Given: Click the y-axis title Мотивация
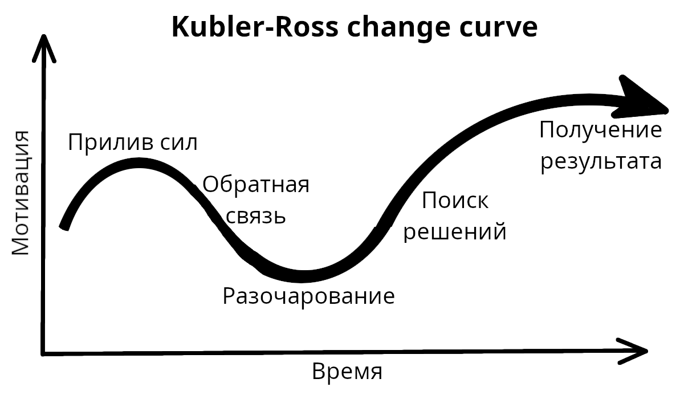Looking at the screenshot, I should (x=21, y=193).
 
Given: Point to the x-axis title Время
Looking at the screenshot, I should (x=347, y=372).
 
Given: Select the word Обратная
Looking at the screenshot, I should (x=256, y=185).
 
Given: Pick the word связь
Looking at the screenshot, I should (x=256, y=216).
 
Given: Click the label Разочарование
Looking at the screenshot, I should (x=308, y=297).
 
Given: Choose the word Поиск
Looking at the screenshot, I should (x=455, y=201).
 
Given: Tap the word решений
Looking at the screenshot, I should (x=455, y=232).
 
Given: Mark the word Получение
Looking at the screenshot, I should (x=601, y=130).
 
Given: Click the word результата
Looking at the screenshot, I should (x=601, y=161).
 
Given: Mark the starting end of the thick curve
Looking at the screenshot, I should (x=64, y=226).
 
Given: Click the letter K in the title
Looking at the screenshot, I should (x=180, y=27).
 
